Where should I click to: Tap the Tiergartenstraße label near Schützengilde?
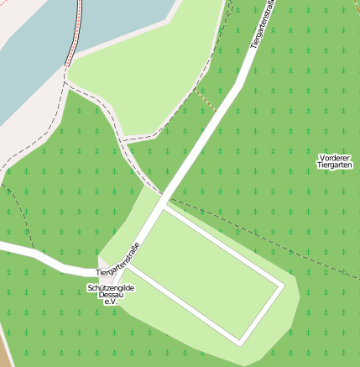tap(117, 260)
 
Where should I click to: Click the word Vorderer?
tap(336, 158)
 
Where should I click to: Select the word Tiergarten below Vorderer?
tap(336, 166)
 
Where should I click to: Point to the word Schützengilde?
tap(111, 288)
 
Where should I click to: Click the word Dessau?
tap(111, 296)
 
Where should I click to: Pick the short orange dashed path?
tap(206, 100)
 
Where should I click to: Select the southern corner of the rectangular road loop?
tap(242, 342)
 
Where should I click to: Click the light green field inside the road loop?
tap(206, 273)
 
